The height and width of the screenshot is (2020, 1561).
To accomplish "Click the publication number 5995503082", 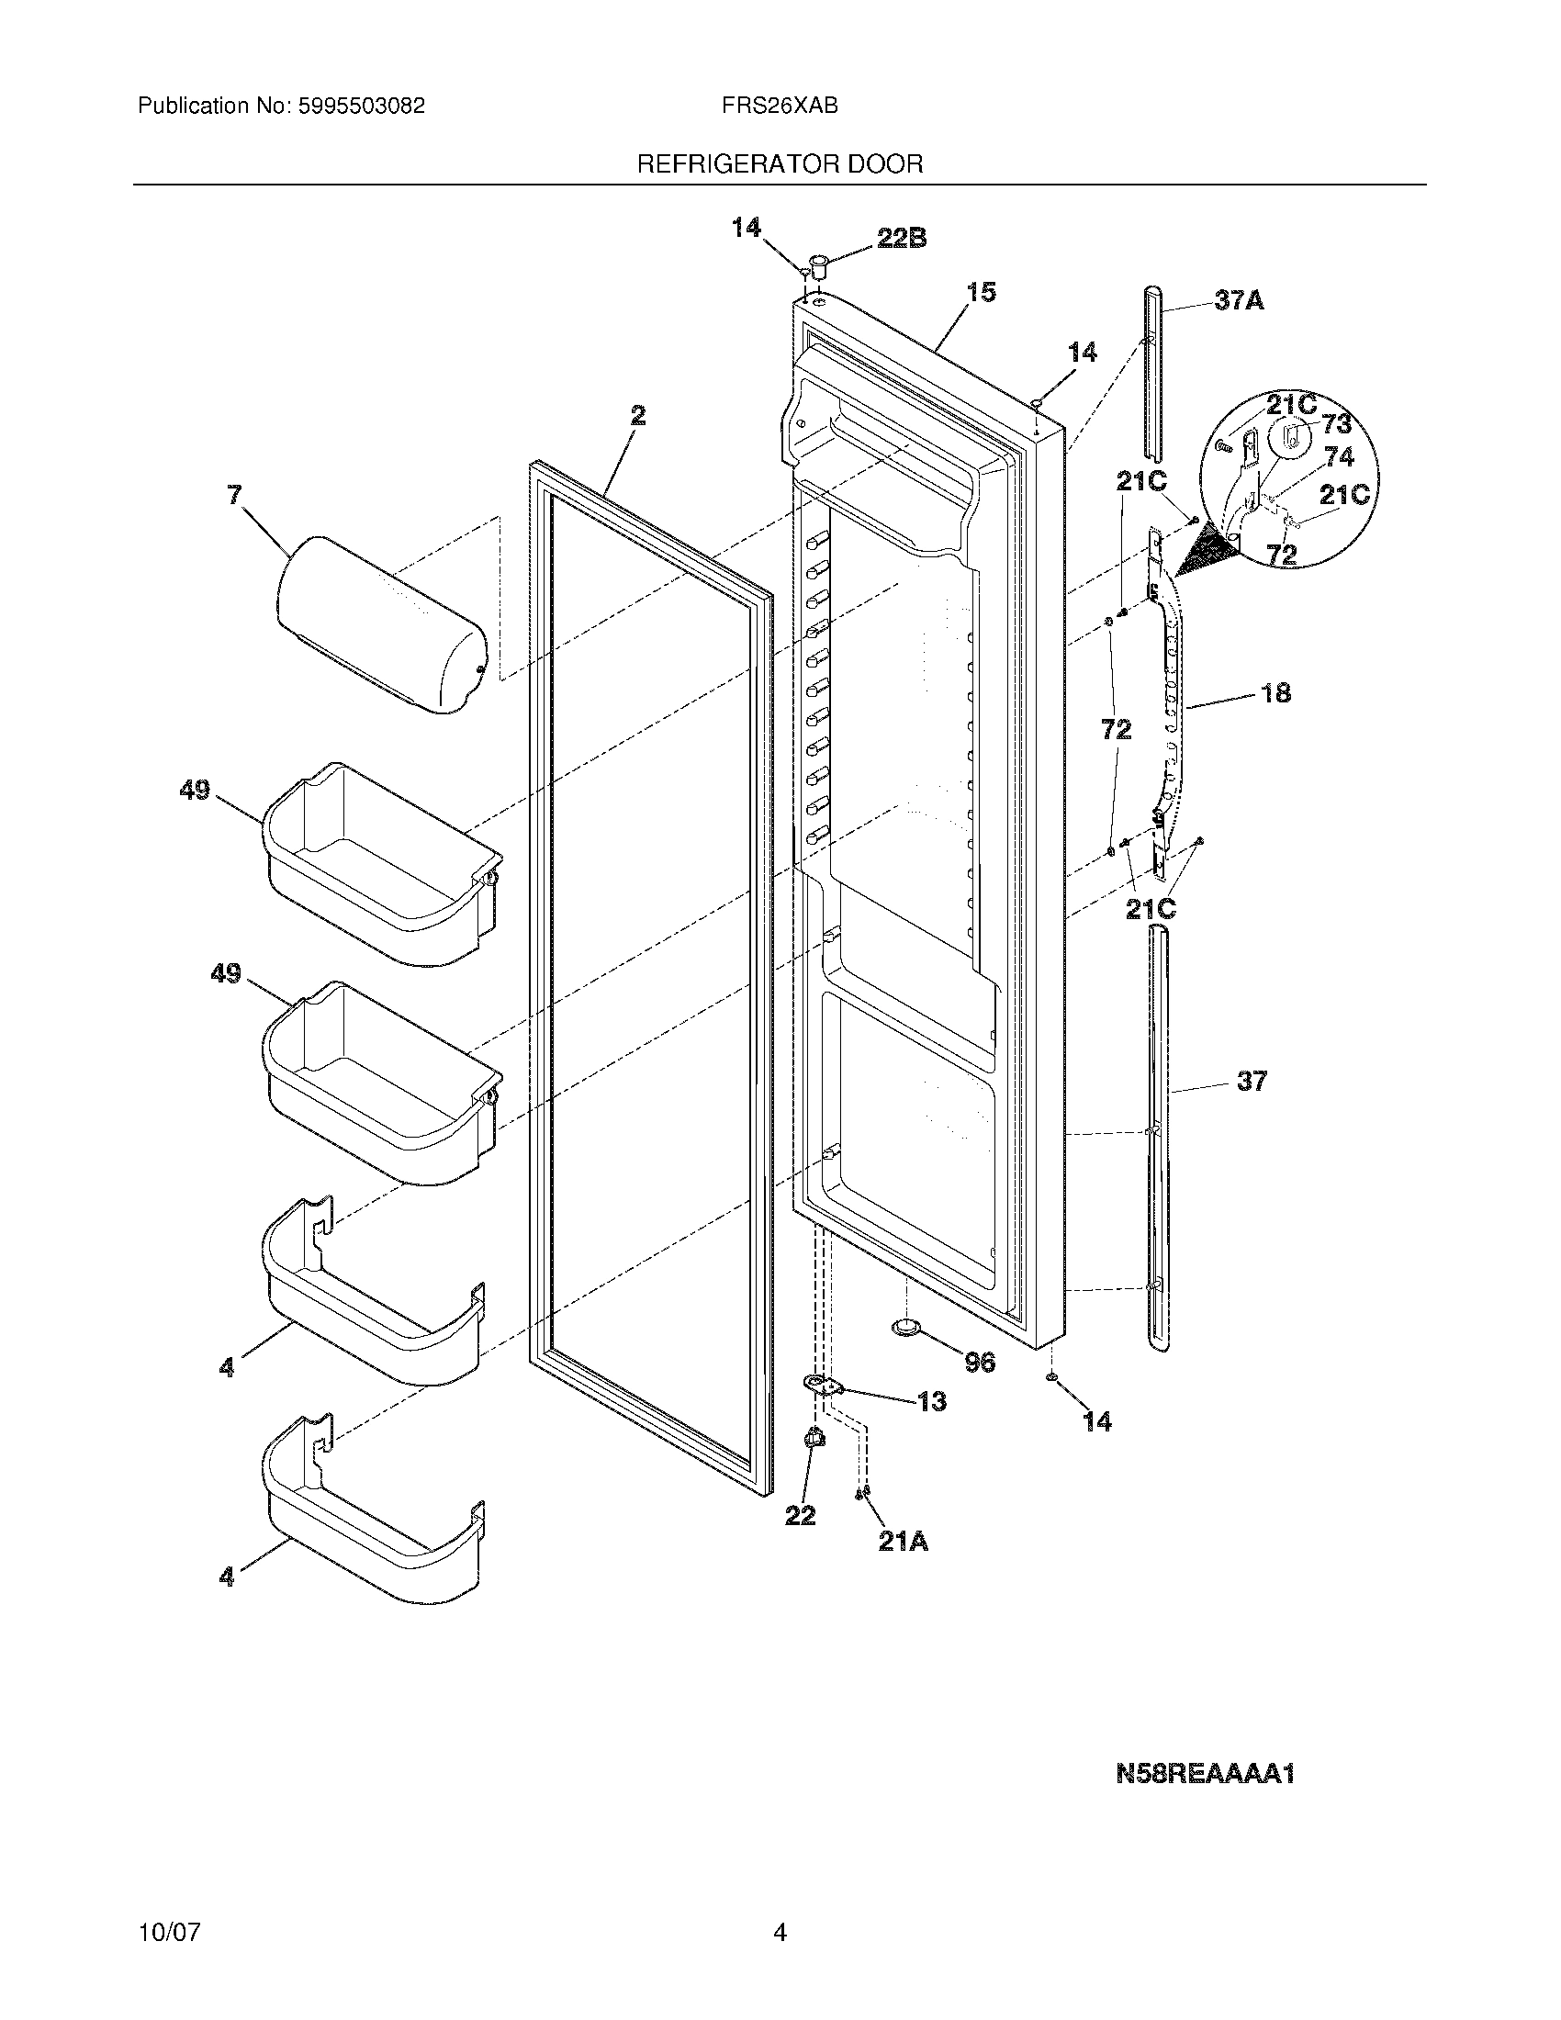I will [361, 107].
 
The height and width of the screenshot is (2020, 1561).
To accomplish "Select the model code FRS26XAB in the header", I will [780, 107].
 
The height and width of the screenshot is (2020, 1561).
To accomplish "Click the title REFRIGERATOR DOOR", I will [780, 164].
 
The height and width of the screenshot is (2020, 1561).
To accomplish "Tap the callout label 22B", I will [901, 239].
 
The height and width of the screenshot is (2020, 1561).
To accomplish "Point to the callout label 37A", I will [1240, 300].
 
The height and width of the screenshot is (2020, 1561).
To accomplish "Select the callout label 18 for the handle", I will [1275, 692].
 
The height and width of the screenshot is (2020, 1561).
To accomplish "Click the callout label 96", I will [980, 1362].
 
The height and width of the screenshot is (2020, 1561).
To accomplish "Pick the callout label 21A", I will [904, 1542].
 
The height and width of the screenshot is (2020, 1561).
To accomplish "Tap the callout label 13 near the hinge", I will [932, 1402].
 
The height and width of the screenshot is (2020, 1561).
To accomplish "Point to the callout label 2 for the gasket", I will [638, 416].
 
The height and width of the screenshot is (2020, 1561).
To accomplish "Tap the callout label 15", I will [982, 293].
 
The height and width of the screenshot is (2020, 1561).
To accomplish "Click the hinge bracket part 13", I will [825, 1386].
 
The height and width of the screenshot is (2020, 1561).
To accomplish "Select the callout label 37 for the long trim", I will [1252, 1081].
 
